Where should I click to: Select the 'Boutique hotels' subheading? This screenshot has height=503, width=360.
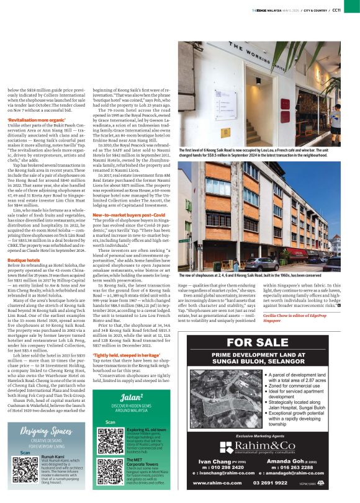click(x=23, y=243)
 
